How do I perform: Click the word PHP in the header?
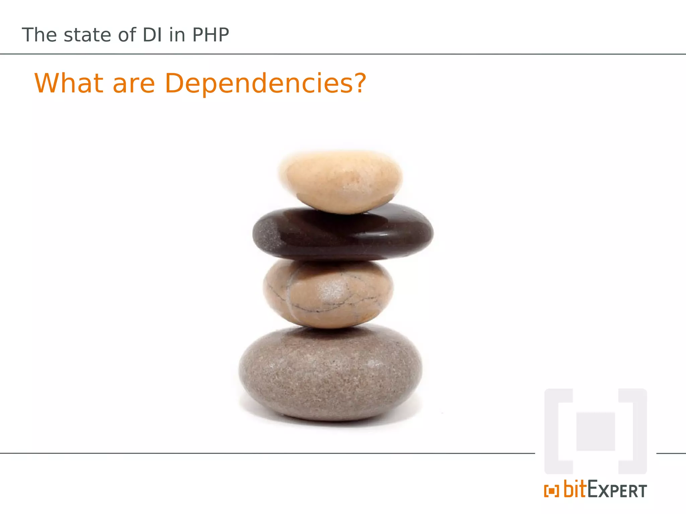click(210, 35)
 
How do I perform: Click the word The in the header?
click(39, 35)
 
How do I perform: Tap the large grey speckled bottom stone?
click(330, 373)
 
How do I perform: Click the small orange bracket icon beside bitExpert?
click(551, 491)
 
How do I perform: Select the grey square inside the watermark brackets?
click(595, 431)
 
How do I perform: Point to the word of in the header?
click(127, 35)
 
